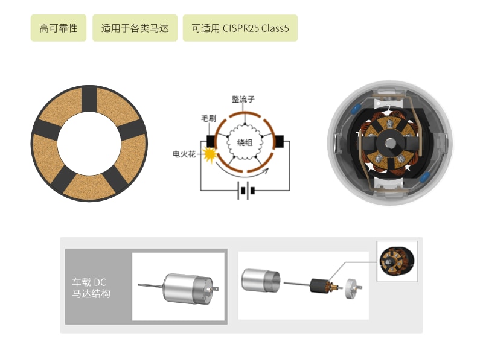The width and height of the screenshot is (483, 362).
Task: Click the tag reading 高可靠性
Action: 59,28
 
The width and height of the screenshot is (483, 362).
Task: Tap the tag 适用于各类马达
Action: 135,28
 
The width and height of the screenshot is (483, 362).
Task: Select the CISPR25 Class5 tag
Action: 240,28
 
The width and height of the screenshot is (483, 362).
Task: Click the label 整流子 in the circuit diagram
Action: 243,99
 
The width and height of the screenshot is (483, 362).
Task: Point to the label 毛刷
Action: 209,118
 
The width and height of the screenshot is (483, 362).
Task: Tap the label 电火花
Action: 184,154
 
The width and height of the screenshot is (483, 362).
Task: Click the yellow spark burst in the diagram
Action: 209,154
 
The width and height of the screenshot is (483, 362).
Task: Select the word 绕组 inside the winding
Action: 245,142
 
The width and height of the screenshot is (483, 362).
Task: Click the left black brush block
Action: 211,142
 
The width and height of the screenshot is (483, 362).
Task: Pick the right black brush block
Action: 279,142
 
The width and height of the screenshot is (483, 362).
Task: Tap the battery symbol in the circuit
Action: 246,191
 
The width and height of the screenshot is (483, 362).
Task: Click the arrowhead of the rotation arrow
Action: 266,171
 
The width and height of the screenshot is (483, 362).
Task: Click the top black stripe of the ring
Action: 89,99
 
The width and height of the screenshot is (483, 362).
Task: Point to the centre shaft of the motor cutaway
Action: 390,143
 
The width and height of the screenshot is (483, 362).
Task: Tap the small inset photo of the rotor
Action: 397,261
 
